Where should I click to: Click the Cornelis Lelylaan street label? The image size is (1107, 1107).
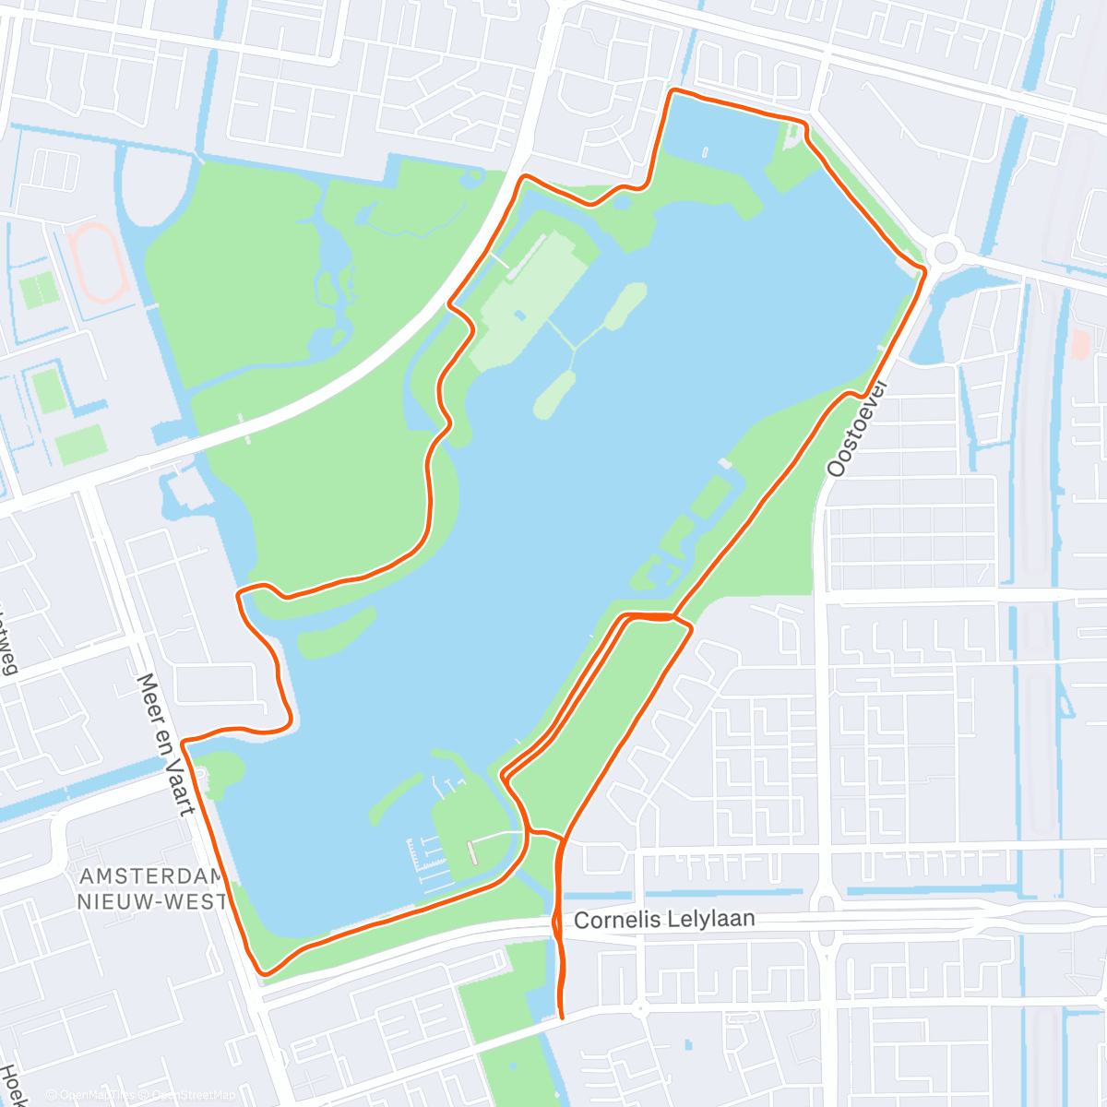[664, 919]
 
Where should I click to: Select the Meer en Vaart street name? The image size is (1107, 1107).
[165, 744]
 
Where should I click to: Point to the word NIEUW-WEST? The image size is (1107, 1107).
[151, 901]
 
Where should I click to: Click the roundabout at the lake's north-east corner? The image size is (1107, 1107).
[946, 250]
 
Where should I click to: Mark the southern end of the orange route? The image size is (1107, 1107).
[562, 1017]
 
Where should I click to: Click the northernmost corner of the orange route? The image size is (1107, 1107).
[673, 90]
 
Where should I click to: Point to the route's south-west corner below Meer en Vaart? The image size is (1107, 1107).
[265, 971]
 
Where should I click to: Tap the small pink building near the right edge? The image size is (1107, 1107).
[1080, 345]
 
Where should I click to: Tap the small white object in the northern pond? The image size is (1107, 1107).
[706, 151]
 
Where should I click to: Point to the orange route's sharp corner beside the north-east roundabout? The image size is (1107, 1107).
[923, 268]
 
